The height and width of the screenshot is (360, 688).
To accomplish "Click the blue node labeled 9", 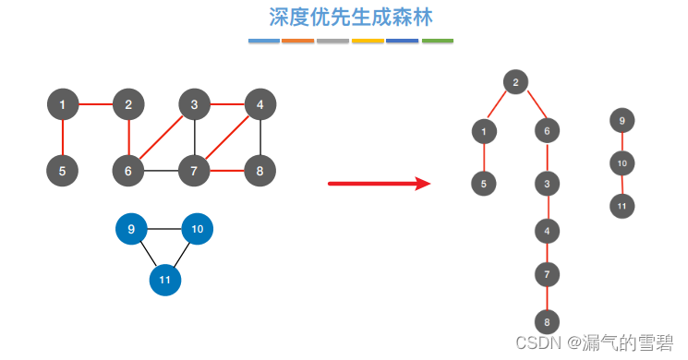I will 132,229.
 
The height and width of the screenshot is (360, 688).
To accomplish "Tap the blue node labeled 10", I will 198,229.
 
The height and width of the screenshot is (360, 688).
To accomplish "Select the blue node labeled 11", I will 165,279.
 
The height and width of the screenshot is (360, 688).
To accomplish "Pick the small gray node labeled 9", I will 622,121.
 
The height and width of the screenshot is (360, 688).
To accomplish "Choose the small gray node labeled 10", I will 622,163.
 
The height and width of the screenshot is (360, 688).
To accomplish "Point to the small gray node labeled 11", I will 622,206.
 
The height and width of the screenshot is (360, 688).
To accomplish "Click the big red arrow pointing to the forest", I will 380,184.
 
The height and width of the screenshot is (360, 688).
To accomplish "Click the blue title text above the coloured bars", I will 350,18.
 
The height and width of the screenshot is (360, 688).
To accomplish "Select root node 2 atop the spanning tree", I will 515,82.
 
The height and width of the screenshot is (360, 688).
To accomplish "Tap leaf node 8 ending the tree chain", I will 547,322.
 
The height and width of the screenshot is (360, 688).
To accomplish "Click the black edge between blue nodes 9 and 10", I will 164,229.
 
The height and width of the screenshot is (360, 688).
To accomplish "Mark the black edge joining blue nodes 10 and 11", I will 182,254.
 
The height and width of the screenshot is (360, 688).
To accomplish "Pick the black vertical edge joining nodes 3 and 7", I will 195,138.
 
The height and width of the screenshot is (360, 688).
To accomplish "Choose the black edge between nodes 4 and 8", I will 260,138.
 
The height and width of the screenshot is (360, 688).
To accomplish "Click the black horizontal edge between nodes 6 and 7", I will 162,171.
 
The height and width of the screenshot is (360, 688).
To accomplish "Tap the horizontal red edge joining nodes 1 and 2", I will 95,104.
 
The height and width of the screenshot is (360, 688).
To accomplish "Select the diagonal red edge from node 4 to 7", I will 228,138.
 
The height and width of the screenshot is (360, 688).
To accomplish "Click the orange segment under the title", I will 297,41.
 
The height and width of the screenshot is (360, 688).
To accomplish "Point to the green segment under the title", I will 438,41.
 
